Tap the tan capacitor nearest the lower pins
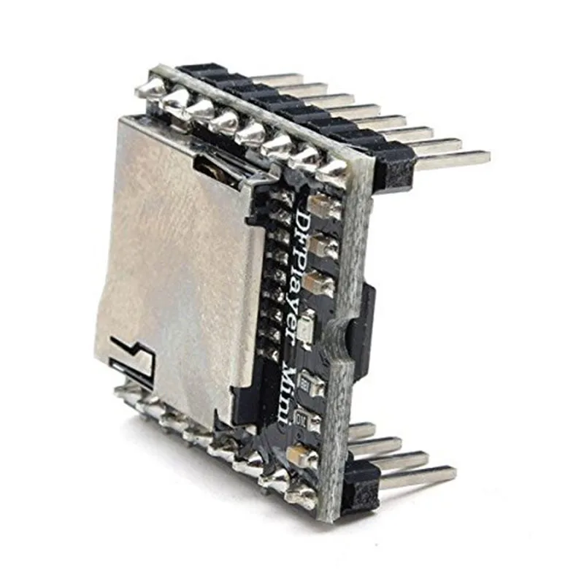[x=302, y=456]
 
